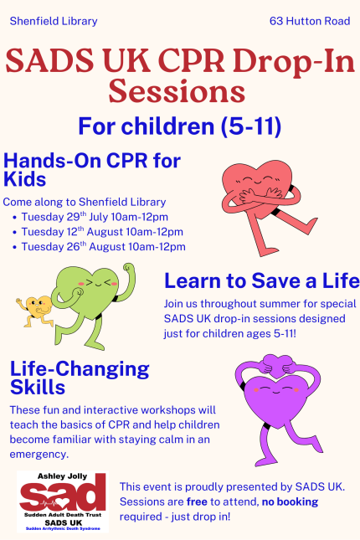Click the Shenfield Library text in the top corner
tap(54, 22)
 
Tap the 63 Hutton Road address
tap(310, 22)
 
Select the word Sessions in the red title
tap(177, 91)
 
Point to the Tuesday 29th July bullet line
tap(95, 217)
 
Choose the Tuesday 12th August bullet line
tap(102, 232)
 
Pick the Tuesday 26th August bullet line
tap(103, 247)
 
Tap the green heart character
tap(94, 304)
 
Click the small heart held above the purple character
tap(277, 366)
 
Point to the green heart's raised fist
tap(129, 268)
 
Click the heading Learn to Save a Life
tap(262, 280)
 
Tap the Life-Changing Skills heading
tap(80, 378)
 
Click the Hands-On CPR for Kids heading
tap(91, 170)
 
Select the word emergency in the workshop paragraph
tap(39, 455)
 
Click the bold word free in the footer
tap(197, 501)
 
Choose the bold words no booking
tap(290, 501)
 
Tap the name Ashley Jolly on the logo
tap(62, 476)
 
